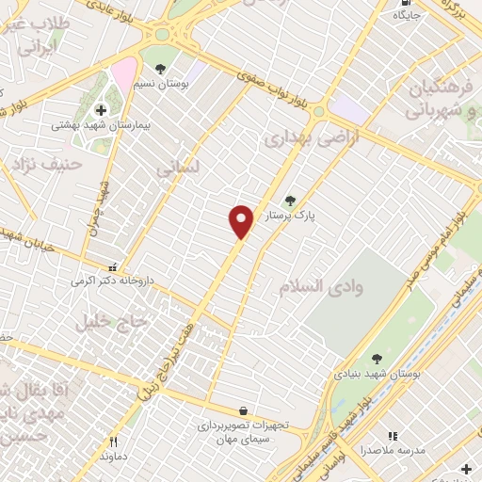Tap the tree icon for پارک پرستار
point(290,200)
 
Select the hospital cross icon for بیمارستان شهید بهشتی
point(101,110)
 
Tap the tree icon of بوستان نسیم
point(161,69)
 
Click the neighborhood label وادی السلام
point(315,284)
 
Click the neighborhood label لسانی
point(178,169)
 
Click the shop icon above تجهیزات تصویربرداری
point(244,411)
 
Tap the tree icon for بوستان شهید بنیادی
point(377,359)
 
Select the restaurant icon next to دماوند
point(115,441)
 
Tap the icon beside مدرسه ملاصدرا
point(393,436)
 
